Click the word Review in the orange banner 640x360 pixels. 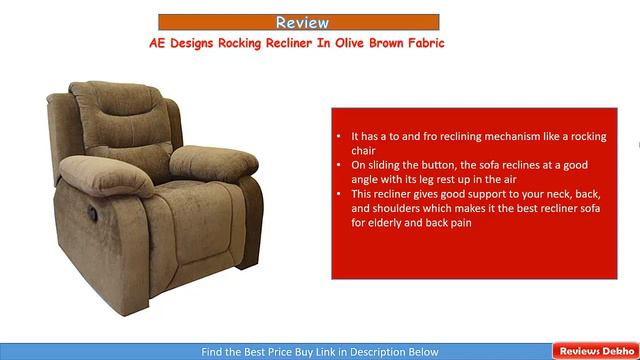click(301, 22)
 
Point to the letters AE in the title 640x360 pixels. click(158, 43)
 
